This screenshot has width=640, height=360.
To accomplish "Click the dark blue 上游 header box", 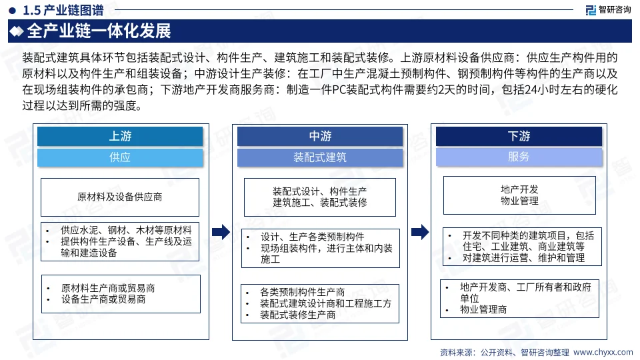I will (x=120, y=137).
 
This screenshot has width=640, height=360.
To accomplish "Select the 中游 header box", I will (x=320, y=137).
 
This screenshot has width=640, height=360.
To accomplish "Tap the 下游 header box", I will (x=519, y=137).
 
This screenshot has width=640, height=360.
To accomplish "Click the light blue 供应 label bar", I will (x=120, y=157).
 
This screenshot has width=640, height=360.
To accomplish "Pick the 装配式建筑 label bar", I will (x=320, y=157).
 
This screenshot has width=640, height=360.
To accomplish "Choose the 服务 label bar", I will (x=519, y=157).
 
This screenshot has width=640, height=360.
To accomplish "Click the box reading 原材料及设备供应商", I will (x=120, y=197).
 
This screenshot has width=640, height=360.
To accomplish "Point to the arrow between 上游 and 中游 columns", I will (x=221, y=232).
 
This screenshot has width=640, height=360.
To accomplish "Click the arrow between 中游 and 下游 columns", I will (x=420, y=232).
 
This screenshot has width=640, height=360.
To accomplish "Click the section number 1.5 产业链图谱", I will (x=64, y=10).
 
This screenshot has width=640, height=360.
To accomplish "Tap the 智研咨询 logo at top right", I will (x=608, y=10).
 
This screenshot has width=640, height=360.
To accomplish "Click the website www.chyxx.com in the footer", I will (x=603, y=351).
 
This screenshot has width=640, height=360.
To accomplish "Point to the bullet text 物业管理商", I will (x=483, y=310).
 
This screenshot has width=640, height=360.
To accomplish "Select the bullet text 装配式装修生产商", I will (x=298, y=315).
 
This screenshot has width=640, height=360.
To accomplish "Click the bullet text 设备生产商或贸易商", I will (x=103, y=299).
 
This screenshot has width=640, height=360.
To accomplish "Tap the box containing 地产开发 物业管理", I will (x=519, y=195).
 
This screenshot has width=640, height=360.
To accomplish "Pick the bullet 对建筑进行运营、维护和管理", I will (x=523, y=257).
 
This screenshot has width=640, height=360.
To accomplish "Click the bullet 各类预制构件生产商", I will (x=303, y=292).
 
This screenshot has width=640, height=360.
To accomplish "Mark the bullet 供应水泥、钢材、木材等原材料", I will (x=126, y=229).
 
